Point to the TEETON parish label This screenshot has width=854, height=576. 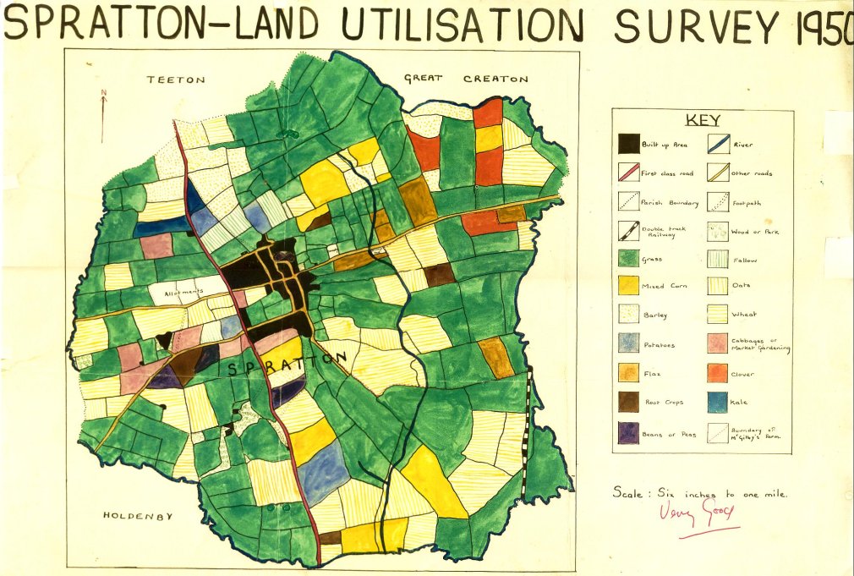[175, 80]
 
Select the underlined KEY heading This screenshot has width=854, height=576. [702, 120]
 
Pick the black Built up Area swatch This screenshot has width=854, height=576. [629, 144]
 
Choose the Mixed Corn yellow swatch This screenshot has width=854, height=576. [629, 286]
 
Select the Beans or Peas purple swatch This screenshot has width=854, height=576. [629, 433]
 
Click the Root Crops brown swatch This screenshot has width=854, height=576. [629, 403]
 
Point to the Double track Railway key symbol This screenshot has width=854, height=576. [629, 230]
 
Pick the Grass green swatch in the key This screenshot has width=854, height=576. [629, 259]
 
